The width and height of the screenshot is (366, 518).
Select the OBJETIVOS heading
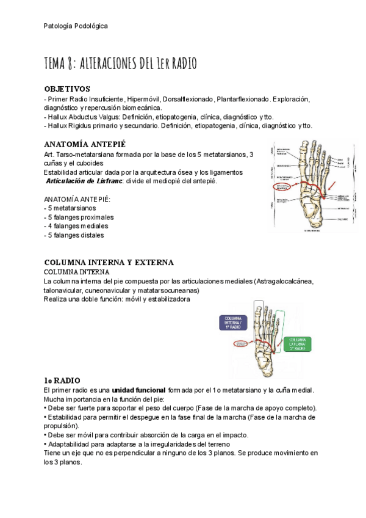point(67,89)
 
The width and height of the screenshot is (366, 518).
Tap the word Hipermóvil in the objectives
point(145,98)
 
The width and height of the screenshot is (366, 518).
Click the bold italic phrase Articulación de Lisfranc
point(85,181)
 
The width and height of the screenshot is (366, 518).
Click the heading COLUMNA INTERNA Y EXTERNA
point(109,262)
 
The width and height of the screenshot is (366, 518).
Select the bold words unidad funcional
point(139,390)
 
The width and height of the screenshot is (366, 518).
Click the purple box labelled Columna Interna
point(236,323)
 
